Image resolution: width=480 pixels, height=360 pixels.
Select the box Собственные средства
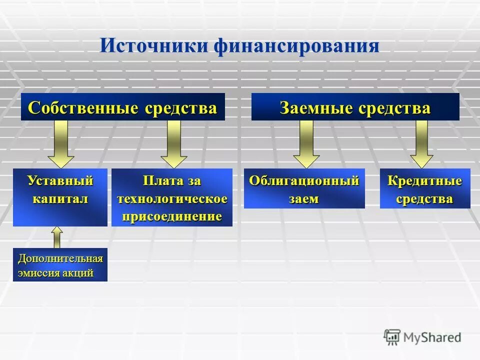pyautogui.click(x=122, y=107)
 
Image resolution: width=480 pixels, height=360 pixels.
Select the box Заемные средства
pyautogui.click(x=355, y=107)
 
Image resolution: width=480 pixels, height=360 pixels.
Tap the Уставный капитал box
pyautogui.click(x=60, y=197)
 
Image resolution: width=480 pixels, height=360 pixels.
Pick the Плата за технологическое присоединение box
pyautogui.click(x=172, y=197)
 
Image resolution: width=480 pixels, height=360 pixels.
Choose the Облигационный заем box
pyautogui.click(x=304, y=188)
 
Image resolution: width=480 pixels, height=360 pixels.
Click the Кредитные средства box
pyautogui.click(x=425, y=188)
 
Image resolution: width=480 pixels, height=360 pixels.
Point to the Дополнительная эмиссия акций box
pyautogui.click(x=60, y=264)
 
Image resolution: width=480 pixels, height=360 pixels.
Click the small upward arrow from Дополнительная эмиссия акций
pyautogui.click(x=57, y=237)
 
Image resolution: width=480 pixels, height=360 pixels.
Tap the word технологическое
pyautogui.click(x=172, y=199)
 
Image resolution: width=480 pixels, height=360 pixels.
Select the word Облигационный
pyautogui.click(x=304, y=180)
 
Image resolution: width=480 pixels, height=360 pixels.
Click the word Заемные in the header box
pyautogui.click(x=309, y=108)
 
